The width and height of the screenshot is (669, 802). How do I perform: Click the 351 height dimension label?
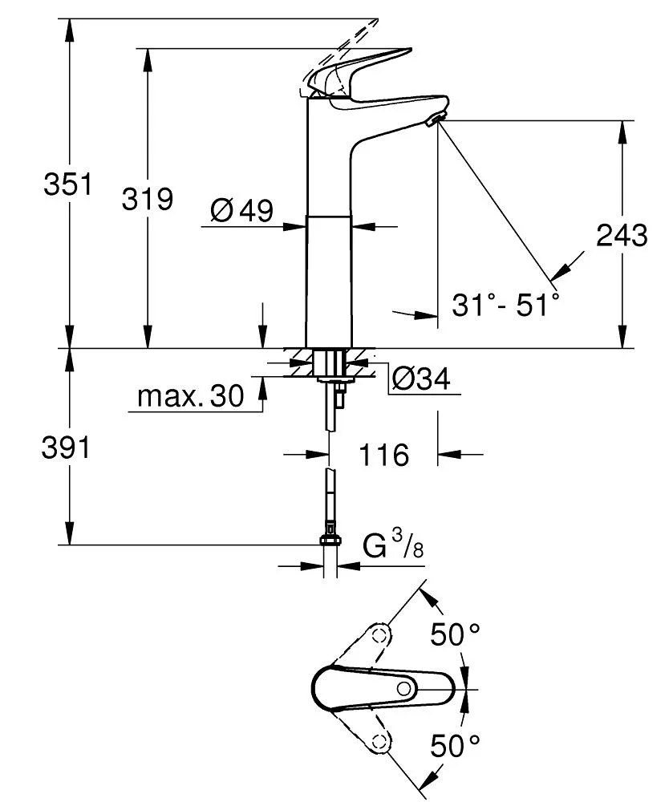(67, 184)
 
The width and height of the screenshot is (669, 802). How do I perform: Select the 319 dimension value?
(147, 198)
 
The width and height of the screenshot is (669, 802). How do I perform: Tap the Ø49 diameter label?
(241, 211)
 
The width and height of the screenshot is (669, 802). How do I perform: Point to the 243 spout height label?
(622, 235)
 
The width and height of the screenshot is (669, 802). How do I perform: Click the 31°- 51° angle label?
(505, 306)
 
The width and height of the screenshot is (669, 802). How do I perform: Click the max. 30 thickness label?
(190, 395)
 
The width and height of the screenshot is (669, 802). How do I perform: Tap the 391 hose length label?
(66, 449)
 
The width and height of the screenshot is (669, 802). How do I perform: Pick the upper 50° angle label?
(456, 635)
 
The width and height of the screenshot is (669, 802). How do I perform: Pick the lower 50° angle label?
(456, 746)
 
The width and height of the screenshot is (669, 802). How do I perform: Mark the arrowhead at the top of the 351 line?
(71, 27)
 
